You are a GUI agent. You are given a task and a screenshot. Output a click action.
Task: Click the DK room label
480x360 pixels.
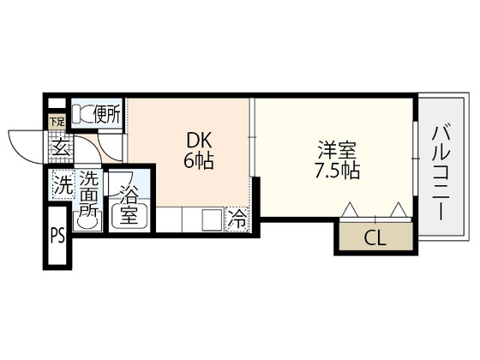pyautogui.click(x=199, y=141)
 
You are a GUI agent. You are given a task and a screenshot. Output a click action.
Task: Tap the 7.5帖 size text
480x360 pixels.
pyautogui.click(x=337, y=171)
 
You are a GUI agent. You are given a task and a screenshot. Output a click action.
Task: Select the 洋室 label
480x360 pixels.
pyautogui.click(x=337, y=150)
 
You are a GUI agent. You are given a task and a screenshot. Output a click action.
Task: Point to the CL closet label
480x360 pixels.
pyautogui.click(x=375, y=237)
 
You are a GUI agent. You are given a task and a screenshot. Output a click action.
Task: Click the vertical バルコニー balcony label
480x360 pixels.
pyautogui.click(x=441, y=173)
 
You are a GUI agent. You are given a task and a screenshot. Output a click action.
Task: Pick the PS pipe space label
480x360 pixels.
pyautogui.click(x=58, y=236)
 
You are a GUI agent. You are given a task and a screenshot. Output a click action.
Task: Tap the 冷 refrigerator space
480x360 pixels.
pyautogui.click(x=238, y=219)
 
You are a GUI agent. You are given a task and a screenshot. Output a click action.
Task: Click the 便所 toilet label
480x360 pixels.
pyautogui.click(x=107, y=114)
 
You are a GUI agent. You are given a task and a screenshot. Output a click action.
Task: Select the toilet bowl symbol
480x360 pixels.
pyautogui.click(x=82, y=115)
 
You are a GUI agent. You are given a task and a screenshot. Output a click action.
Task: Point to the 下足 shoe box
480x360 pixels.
pyautogui.click(x=57, y=122)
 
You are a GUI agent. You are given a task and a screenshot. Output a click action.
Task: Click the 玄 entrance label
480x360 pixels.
pyautogui.click(x=60, y=147)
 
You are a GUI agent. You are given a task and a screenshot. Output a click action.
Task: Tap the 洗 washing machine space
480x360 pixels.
pyautogui.click(x=63, y=185)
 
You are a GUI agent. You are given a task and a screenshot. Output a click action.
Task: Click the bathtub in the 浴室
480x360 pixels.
pyautogui.click(x=129, y=214)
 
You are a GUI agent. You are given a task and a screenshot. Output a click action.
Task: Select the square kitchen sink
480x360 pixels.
pyautogui.click(x=213, y=219)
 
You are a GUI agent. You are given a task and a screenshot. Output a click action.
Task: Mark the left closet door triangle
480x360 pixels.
pyautogui.click(x=350, y=210)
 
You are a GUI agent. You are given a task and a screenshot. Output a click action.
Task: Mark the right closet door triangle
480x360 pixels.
pyautogui.click(x=399, y=210)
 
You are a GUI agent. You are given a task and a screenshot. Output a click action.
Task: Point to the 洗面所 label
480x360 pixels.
pyautogui.click(x=89, y=195)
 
